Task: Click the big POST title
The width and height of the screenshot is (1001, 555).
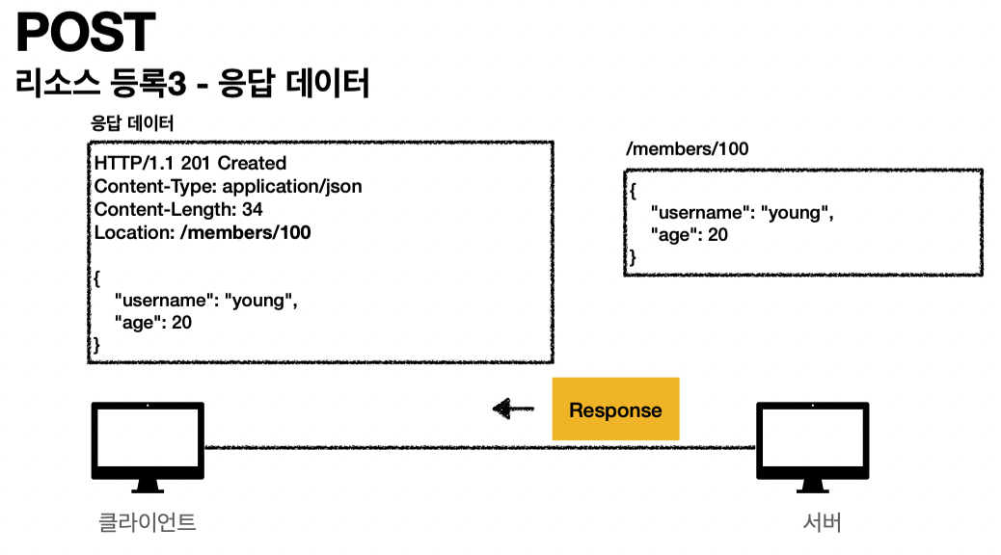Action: click(x=86, y=34)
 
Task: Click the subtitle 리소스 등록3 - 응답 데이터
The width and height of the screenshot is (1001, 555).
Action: click(x=192, y=83)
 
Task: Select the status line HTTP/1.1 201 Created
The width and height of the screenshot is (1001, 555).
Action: click(x=190, y=163)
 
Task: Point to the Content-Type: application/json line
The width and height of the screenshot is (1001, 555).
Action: click(x=228, y=186)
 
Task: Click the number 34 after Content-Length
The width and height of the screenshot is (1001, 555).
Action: click(x=254, y=209)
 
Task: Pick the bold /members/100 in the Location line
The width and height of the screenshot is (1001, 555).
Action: click(x=246, y=232)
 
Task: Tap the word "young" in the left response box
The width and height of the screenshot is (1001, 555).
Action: click(x=260, y=300)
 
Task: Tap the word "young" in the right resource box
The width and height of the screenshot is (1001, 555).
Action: click(x=798, y=211)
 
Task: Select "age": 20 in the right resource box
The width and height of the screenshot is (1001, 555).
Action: click(x=690, y=234)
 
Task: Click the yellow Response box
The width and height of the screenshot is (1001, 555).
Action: click(x=615, y=410)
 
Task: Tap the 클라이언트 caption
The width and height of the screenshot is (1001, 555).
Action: click(x=148, y=523)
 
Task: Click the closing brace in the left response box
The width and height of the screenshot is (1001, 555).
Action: click(x=95, y=345)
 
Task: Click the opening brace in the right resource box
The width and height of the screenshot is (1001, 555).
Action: click(x=633, y=190)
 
